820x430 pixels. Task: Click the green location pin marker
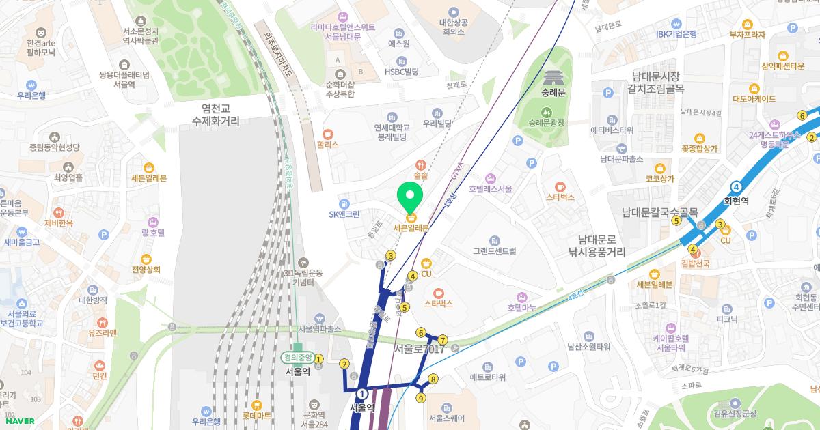coord(410,197)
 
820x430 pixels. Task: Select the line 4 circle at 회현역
coord(736,186)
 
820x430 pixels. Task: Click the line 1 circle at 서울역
coord(362,394)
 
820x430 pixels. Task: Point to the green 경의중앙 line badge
coord(297,358)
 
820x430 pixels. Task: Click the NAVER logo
coord(18,421)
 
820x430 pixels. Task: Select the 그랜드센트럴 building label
coord(495,251)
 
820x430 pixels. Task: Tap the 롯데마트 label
coord(257,414)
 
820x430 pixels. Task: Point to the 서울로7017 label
coord(419,349)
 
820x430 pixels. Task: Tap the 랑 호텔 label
coord(153,233)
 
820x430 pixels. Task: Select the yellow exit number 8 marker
coord(433,379)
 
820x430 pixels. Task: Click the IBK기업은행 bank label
coord(676,34)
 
